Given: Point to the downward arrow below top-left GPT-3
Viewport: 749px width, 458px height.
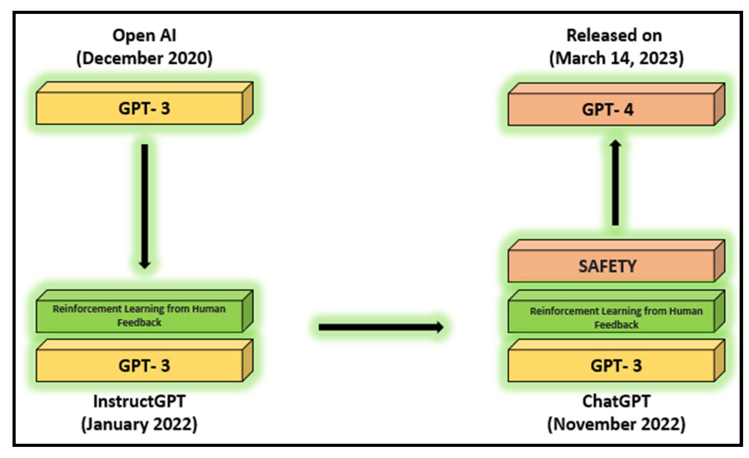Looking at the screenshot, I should pyautogui.click(x=145, y=205).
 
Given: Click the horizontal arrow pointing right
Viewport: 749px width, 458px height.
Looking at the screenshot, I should pyautogui.click(x=379, y=327).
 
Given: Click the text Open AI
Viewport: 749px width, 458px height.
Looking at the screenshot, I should pyautogui.click(x=144, y=35).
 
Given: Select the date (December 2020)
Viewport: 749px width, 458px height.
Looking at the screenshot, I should pyautogui.click(x=144, y=58).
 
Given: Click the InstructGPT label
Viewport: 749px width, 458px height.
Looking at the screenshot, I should pyautogui.click(x=139, y=401).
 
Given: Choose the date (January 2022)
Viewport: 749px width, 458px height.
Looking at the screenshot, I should pyautogui.click(x=139, y=424).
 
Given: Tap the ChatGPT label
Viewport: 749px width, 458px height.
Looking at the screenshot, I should pyautogui.click(x=616, y=401).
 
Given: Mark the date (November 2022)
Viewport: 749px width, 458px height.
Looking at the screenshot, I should pyautogui.click(x=616, y=424).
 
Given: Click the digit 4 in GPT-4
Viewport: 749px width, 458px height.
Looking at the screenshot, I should pyautogui.click(x=628, y=110).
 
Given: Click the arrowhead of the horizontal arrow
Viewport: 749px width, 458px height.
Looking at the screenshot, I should pyautogui.click(x=440, y=327).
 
